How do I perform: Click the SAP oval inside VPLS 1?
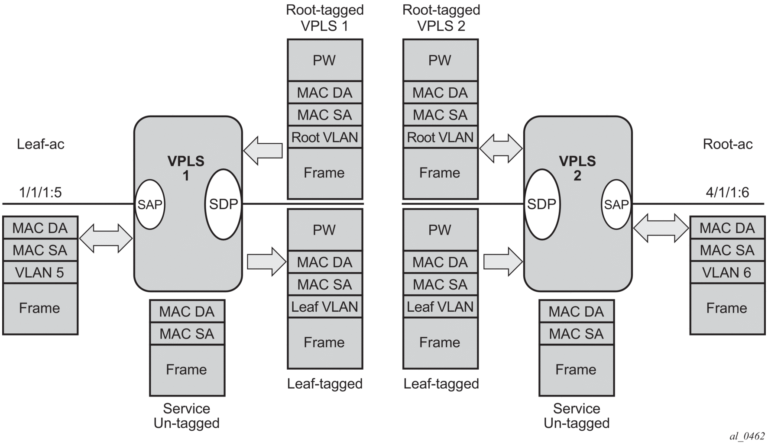coord(150,204)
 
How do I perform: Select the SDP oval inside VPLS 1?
coord(223,204)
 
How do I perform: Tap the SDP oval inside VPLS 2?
coord(541,204)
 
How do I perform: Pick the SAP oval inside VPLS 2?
coord(616,204)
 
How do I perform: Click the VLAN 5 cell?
coord(40,273)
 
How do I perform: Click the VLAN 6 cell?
coord(727,273)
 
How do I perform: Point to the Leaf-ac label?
coord(40,144)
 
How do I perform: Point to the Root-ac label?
coord(727,144)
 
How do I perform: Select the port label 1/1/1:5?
coord(40,192)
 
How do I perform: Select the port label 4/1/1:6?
coord(727,192)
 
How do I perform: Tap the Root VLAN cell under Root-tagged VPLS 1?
coord(324,137)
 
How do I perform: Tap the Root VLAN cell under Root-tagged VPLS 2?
coord(440,137)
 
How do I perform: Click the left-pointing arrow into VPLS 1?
coord(263,151)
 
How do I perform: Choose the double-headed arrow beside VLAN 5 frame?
coord(106,238)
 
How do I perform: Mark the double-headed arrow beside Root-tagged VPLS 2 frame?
coord(501,148)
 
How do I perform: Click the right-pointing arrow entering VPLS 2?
coord(503,261)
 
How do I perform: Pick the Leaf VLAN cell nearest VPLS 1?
coord(324,307)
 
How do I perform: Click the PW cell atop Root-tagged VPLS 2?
coord(440,60)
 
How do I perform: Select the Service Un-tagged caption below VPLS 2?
coord(577,416)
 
